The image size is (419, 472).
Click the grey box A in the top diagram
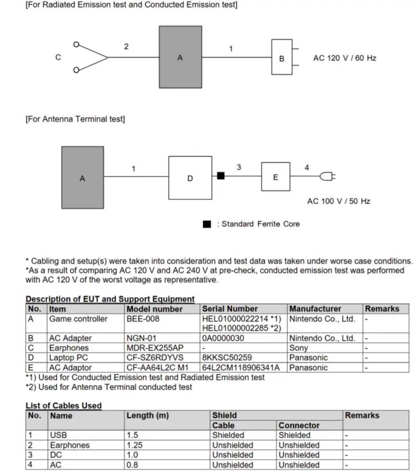click(x=180, y=57)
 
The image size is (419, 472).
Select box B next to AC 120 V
click(x=282, y=57)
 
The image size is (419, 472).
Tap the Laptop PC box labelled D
click(x=190, y=178)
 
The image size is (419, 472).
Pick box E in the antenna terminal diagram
click(x=276, y=176)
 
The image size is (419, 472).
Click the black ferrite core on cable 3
click(x=221, y=176)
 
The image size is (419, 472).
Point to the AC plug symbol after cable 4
click(x=328, y=176)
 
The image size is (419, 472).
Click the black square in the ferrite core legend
click(x=207, y=224)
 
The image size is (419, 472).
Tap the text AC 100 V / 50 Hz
click(x=339, y=201)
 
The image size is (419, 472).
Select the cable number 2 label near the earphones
click(x=126, y=46)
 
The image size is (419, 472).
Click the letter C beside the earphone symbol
click(x=58, y=57)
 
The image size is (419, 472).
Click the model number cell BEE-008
click(x=143, y=319)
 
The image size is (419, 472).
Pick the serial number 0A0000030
click(x=223, y=338)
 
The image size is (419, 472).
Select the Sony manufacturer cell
click(x=299, y=348)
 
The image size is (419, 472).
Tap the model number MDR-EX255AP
click(x=155, y=348)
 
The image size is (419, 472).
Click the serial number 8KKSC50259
click(x=227, y=358)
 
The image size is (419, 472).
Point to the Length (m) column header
click(x=147, y=416)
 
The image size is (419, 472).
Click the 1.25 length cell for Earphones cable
click(x=135, y=445)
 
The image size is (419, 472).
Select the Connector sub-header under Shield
click(x=299, y=426)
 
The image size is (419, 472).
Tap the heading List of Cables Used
click(x=64, y=406)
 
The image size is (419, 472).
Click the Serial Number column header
click(x=230, y=309)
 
